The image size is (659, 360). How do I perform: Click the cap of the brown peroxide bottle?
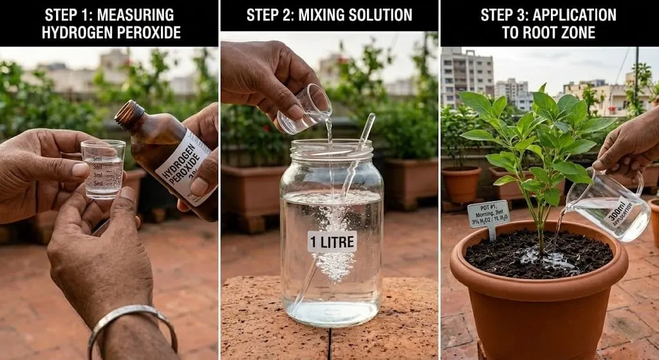[x=129, y=113]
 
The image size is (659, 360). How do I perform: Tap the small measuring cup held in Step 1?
[x=103, y=169]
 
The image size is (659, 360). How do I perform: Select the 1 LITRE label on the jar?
[x=331, y=241]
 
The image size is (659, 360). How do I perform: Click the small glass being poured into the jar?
[x=304, y=109]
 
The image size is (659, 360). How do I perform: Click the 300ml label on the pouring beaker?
[x=617, y=212]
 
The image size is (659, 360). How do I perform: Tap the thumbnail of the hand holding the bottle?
[x=200, y=187]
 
